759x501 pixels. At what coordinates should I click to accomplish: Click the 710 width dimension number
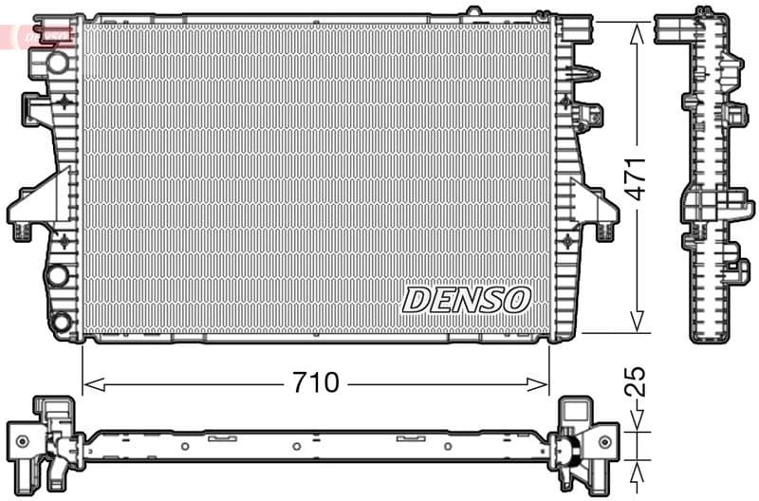(315, 383)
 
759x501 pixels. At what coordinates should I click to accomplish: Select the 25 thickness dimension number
(638, 382)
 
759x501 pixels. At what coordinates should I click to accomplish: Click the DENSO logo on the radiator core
(466, 300)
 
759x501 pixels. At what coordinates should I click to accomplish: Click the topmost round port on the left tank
(58, 63)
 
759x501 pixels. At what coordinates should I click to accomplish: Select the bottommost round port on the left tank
(61, 322)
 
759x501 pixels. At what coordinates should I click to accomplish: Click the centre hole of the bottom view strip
(297, 445)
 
